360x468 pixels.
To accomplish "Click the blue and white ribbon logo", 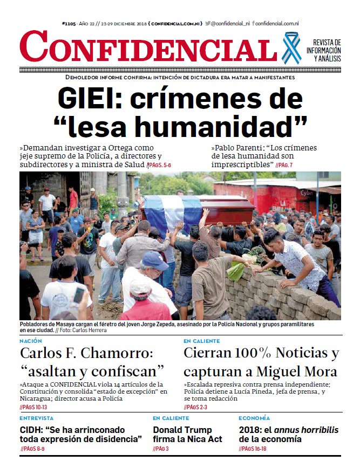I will click(291, 48).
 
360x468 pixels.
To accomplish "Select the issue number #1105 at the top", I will click(70, 24).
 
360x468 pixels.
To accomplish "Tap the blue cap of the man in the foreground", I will click(154, 260).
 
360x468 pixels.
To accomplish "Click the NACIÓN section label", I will click(30, 341).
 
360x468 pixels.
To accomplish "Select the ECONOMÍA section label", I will click(254, 418).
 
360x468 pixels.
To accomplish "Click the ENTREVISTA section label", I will click(37, 418).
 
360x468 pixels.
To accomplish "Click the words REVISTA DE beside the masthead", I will click(327, 43).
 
